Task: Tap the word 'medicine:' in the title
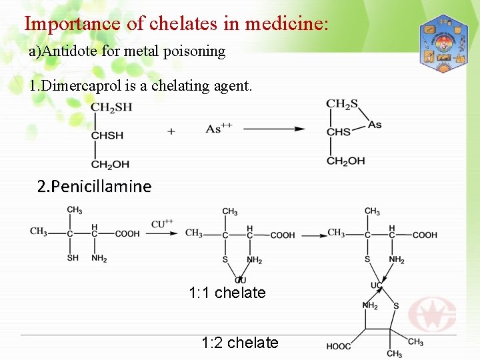(x=287, y=24)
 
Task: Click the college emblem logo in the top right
(x=443, y=43)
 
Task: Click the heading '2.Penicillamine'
(x=94, y=186)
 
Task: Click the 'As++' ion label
(x=219, y=129)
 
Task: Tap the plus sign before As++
(x=171, y=131)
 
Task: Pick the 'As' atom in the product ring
(x=375, y=125)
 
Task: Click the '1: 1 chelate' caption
(x=227, y=293)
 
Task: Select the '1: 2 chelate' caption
(x=239, y=343)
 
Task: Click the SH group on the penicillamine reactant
(x=72, y=259)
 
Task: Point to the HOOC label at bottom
(x=339, y=346)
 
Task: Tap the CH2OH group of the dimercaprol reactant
(x=110, y=164)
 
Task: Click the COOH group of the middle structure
(x=282, y=235)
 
